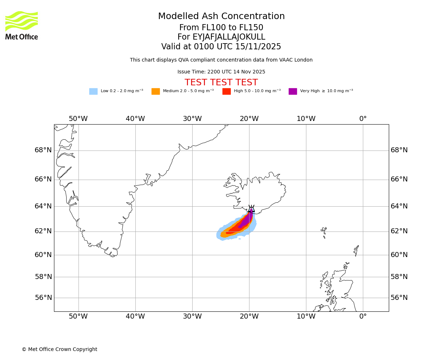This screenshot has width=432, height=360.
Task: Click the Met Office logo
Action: (22, 25)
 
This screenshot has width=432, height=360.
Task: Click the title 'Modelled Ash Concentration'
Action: (221, 17)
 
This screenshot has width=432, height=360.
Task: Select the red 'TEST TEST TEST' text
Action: (221, 82)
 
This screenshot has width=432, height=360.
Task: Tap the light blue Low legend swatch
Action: (93, 91)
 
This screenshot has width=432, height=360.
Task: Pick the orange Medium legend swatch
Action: (156, 91)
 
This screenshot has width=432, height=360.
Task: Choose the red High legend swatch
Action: (226, 91)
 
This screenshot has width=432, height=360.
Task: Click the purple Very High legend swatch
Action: (293, 91)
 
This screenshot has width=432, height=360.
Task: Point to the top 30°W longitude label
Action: (192, 119)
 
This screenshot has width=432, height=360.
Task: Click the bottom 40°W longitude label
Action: (135, 316)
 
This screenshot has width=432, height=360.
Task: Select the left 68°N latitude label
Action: (43, 150)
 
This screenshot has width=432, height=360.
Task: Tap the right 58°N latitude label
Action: (399, 277)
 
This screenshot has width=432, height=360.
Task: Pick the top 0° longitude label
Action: (363, 119)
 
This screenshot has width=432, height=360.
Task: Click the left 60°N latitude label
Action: (43, 255)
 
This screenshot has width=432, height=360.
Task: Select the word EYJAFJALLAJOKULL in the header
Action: (229, 37)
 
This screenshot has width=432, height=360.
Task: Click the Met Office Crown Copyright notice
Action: (59, 349)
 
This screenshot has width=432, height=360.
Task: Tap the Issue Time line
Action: (221, 72)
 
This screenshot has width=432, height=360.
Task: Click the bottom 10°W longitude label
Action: (306, 316)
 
